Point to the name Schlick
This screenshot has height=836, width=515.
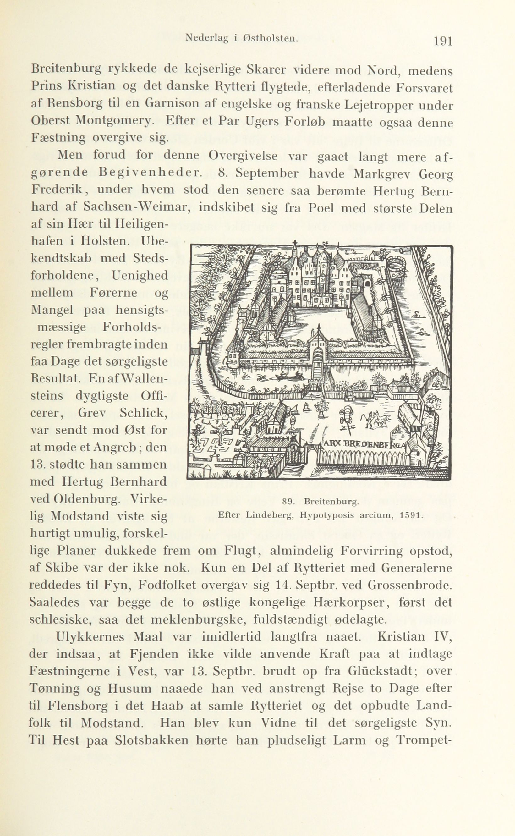[x=143, y=413]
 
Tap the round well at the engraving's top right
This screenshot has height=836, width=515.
[x=395, y=262]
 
